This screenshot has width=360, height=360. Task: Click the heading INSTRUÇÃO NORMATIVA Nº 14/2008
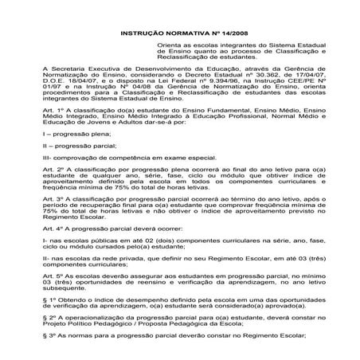(x=179, y=34)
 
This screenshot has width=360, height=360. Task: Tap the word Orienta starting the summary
(x=170, y=48)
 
